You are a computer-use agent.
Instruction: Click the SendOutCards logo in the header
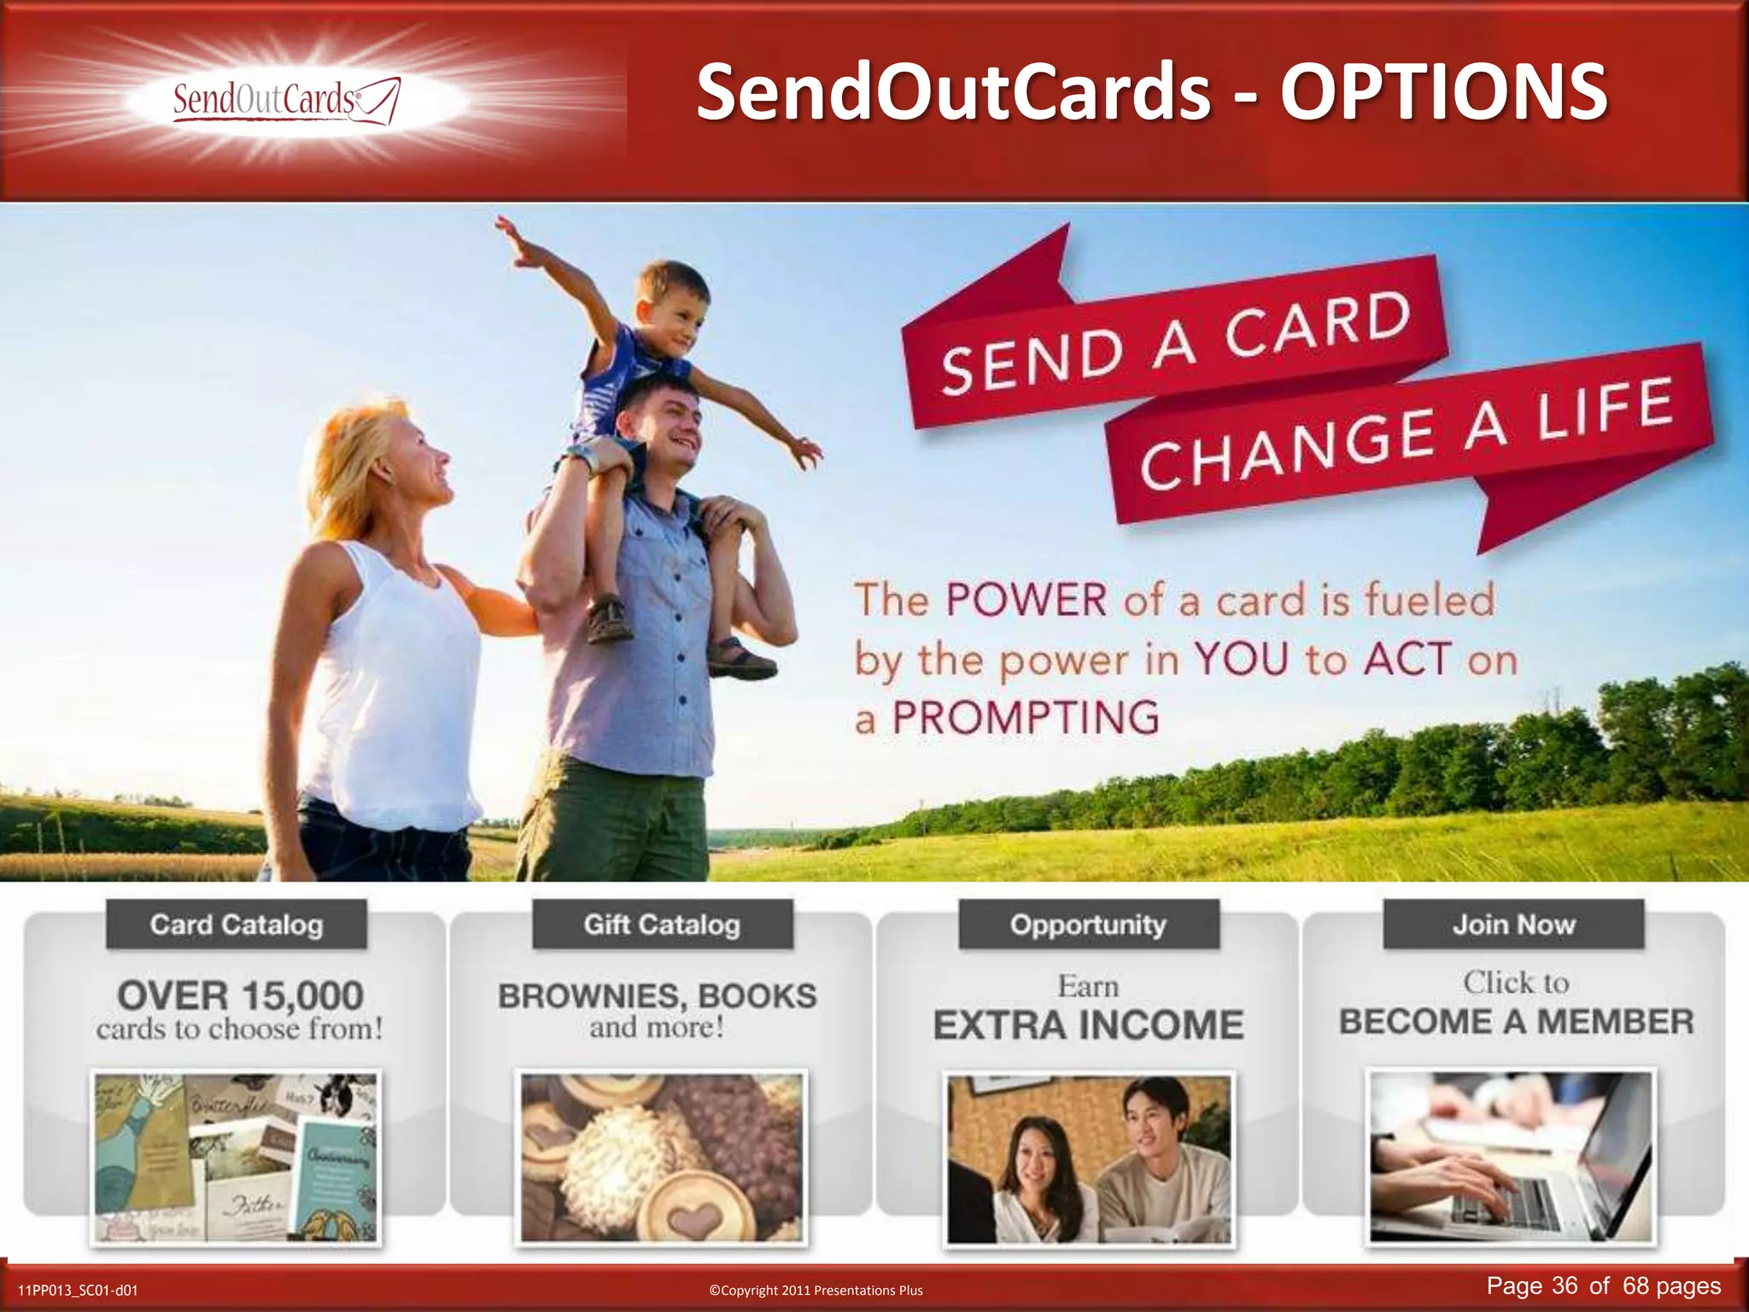(286, 101)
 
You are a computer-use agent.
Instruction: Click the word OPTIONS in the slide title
(1442, 91)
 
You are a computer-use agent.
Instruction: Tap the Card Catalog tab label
(237, 924)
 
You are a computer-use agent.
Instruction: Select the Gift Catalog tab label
(662, 924)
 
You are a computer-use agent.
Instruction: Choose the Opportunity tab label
(1088, 924)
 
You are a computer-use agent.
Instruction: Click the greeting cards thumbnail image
(237, 1157)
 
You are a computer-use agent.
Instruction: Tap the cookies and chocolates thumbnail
(662, 1157)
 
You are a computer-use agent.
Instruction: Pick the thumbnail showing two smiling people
(1088, 1157)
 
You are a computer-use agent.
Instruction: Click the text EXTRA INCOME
(1088, 1025)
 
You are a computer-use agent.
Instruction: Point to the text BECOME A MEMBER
(1516, 1022)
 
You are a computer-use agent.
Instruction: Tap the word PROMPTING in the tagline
(1026, 717)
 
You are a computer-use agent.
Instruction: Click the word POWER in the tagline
(1026, 600)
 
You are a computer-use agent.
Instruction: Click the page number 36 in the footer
(1565, 1286)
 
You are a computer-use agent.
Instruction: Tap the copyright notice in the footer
(816, 1290)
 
